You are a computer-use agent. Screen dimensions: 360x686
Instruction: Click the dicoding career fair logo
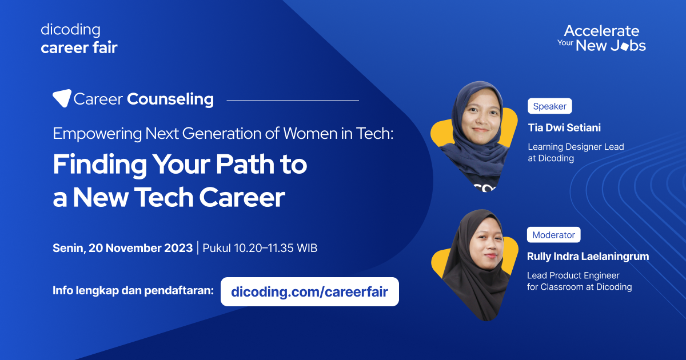coord(79,38)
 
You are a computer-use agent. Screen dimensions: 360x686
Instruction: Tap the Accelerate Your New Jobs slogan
coord(601,38)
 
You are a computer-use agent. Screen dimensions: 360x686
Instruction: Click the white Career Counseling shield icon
coord(62,98)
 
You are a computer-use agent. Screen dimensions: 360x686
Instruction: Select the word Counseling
coord(170,99)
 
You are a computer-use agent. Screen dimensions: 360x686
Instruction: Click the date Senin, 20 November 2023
coord(122,248)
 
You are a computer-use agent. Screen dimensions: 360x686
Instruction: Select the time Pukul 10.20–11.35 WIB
coord(260,248)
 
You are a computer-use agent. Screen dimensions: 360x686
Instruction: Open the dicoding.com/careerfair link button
coord(309,292)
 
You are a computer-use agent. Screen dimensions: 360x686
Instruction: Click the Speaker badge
coord(549,106)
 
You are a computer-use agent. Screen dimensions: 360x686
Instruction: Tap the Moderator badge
coord(553,235)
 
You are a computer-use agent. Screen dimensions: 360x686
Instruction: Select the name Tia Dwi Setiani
coord(564,127)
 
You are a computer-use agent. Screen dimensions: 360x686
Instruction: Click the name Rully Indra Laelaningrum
coord(588,257)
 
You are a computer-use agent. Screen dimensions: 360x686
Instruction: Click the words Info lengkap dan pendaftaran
coord(133,290)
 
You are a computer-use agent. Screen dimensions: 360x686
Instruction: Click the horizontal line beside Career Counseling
coord(293,101)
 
